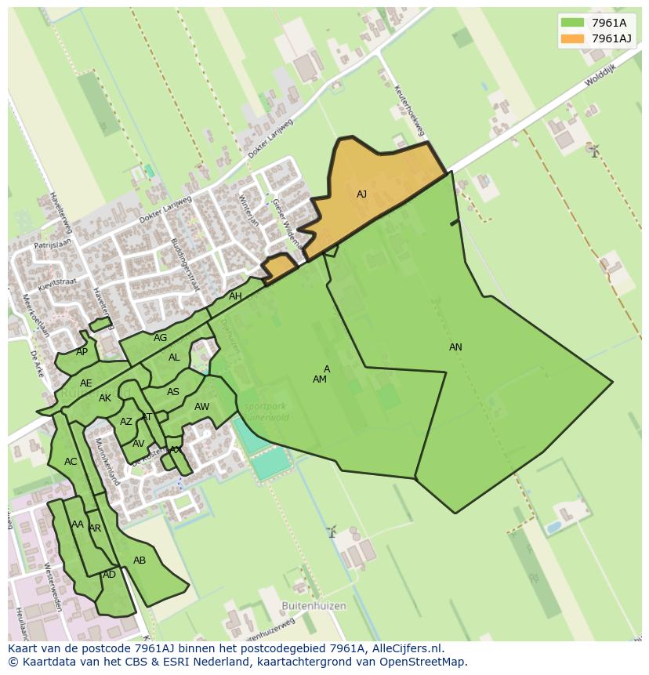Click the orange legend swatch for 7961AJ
pyautogui.click(x=572, y=38)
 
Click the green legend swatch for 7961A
pyautogui.click(x=572, y=23)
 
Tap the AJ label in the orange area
pyautogui.click(x=361, y=194)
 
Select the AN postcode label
pyautogui.click(x=455, y=347)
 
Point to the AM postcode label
pyautogui.click(x=319, y=379)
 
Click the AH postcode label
pyautogui.click(x=235, y=296)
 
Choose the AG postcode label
pyautogui.click(x=160, y=339)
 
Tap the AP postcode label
pyautogui.click(x=82, y=352)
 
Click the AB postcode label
pyautogui.click(x=140, y=561)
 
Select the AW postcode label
pyautogui.click(x=201, y=407)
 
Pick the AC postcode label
pyautogui.click(x=71, y=462)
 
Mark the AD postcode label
pyautogui.click(x=109, y=575)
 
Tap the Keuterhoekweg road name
pyautogui.click(x=410, y=111)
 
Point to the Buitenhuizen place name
pyautogui.click(x=314, y=606)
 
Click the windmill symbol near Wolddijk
pyautogui.click(x=594, y=150)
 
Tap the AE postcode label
pyautogui.click(x=85, y=383)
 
